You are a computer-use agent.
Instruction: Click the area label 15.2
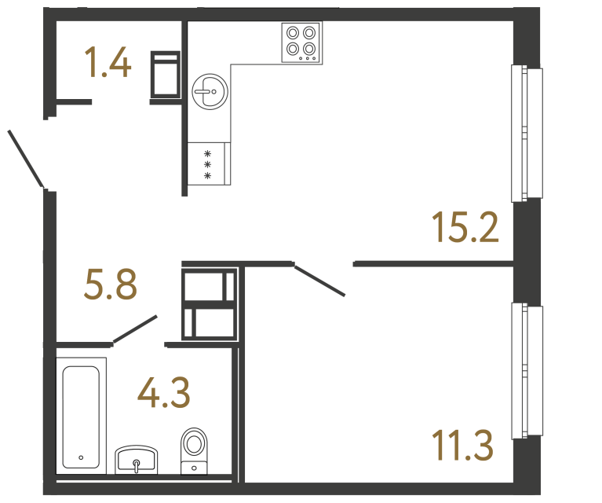(465, 227)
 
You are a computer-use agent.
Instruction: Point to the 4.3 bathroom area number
(163, 392)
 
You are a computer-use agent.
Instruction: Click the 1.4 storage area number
(108, 63)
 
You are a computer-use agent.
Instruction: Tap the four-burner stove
(302, 42)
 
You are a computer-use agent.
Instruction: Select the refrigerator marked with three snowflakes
(209, 164)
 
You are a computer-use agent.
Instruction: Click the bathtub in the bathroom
(82, 414)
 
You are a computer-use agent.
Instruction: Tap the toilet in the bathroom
(193, 450)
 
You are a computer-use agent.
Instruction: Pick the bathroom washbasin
(137, 460)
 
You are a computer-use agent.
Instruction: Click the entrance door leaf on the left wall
(25, 160)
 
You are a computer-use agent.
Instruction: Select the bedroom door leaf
(319, 281)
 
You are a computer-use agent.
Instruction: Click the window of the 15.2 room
(527, 133)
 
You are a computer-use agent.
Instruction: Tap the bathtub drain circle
(81, 457)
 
